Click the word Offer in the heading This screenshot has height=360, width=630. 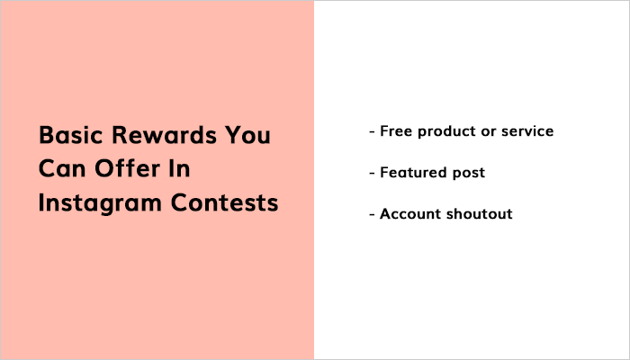(121, 170)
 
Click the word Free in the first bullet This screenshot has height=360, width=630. (396, 131)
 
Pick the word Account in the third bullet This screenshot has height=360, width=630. (409, 214)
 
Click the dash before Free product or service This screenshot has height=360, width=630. (372, 132)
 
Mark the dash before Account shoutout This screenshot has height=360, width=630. (372, 215)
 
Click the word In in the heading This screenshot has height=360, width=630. (180, 170)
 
